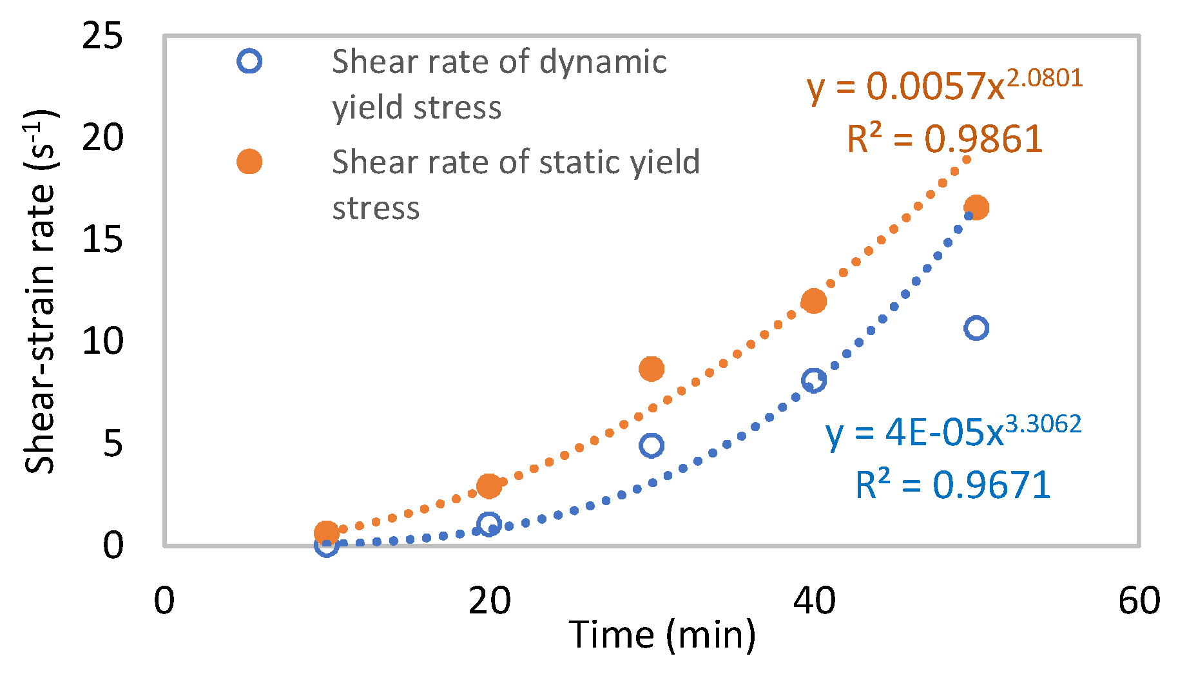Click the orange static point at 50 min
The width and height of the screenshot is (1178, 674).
point(976,207)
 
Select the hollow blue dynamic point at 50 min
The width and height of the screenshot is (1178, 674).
point(976,328)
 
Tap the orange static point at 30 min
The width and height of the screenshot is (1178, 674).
point(652,369)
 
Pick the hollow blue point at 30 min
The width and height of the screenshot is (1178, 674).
point(652,445)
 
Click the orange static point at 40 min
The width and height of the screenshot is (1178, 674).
point(814,301)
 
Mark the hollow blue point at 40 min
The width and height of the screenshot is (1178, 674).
point(814,380)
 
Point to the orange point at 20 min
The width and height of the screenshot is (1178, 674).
point(489,486)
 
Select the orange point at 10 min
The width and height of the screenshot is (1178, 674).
point(327,533)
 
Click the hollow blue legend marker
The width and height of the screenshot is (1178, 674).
point(249,61)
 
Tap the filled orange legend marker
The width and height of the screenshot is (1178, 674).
point(249,162)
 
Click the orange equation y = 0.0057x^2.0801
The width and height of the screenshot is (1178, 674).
point(944,87)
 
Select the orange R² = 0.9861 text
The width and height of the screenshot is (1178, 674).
point(945,139)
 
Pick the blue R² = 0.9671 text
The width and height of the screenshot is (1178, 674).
point(953,485)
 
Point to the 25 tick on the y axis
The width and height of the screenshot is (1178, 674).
point(102,36)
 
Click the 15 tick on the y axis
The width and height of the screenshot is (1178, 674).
point(102,240)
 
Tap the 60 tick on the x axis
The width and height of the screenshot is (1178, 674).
point(1139,601)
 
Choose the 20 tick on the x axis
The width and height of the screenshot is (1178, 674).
point(489,601)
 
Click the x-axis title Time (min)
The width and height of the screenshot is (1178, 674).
point(662,635)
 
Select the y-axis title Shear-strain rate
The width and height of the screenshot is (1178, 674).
point(40,293)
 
